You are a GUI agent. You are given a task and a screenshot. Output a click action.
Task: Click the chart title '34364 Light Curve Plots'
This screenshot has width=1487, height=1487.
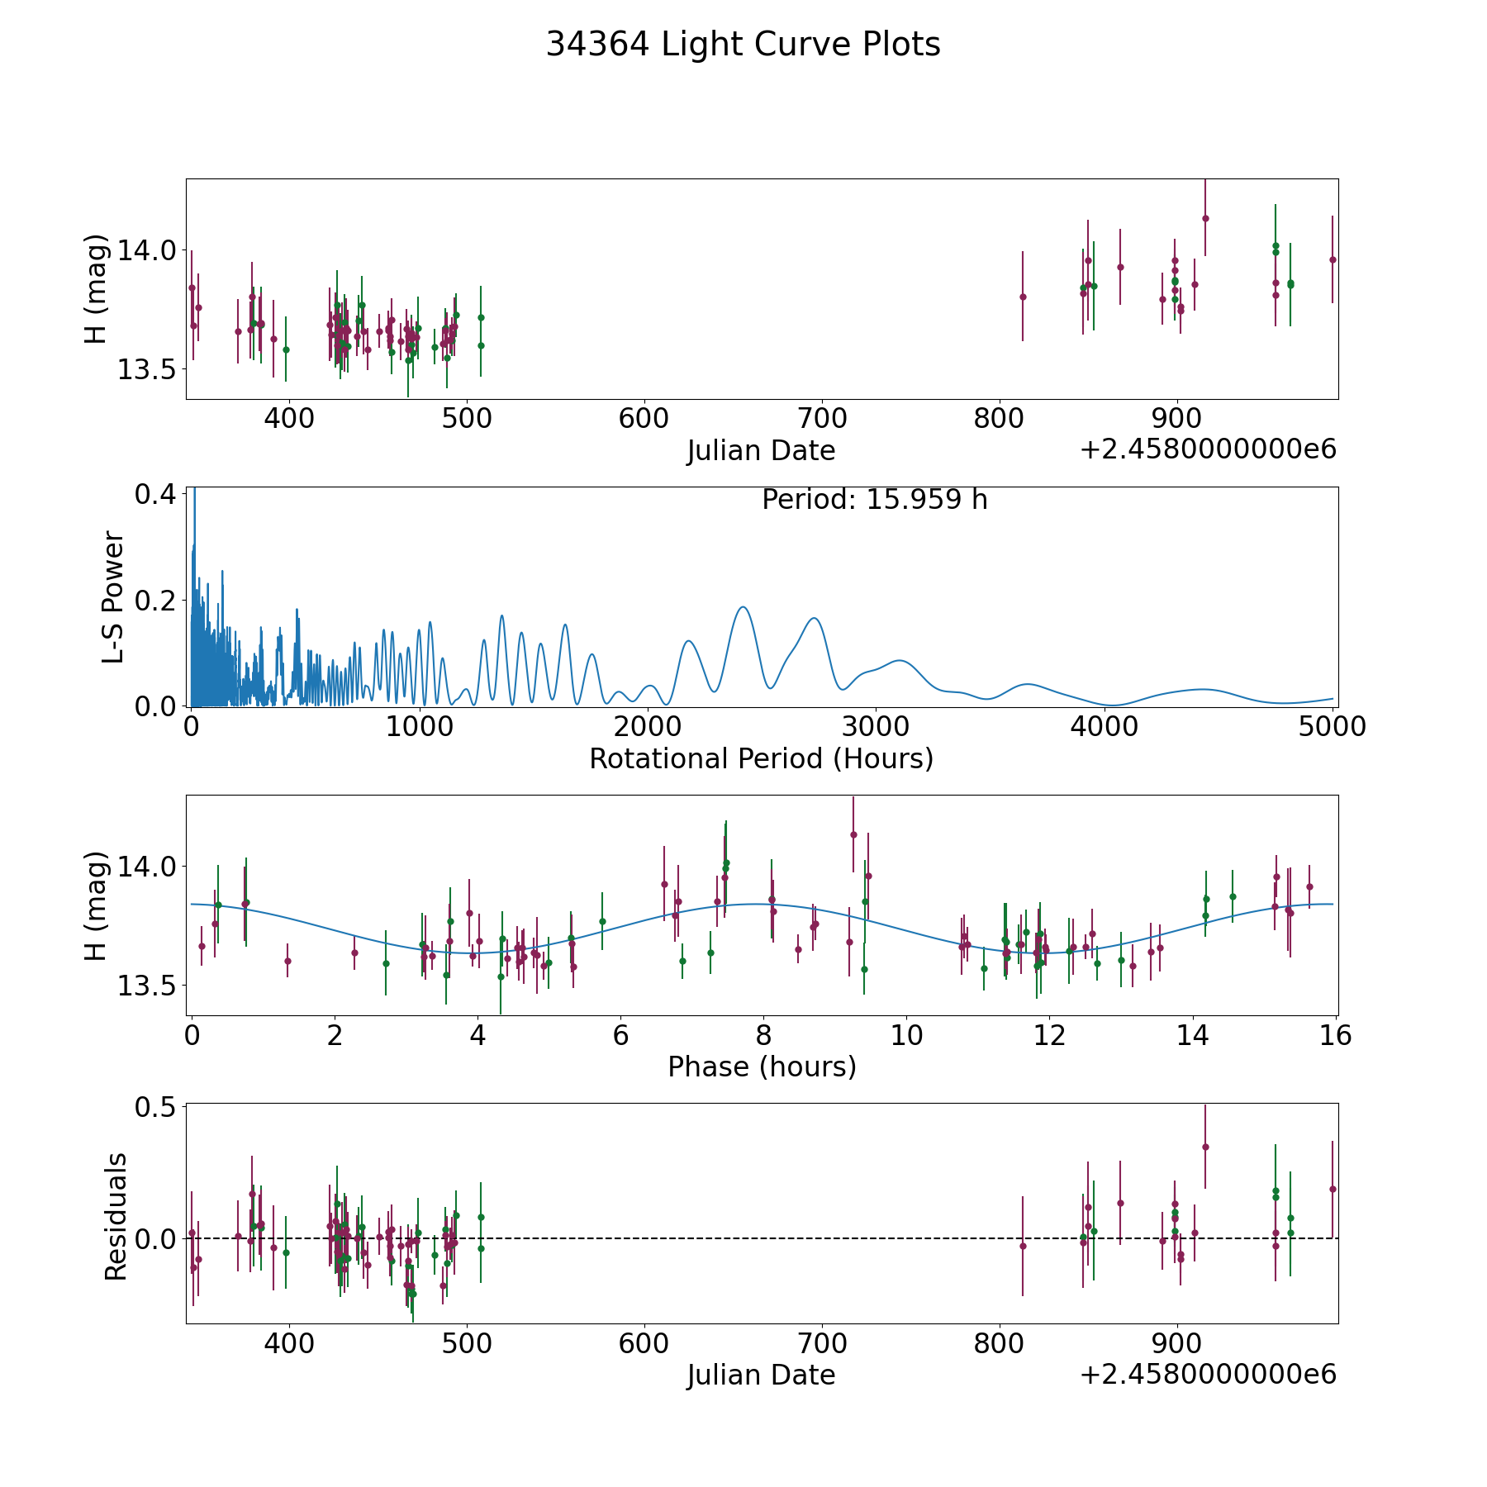tap(743, 45)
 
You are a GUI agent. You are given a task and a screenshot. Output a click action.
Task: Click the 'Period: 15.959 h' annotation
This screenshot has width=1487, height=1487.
tap(874, 500)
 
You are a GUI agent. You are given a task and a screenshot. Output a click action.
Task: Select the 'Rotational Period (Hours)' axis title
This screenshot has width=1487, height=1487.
tap(761, 758)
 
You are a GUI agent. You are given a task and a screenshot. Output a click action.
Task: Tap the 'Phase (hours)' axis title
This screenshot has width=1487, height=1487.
tap(762, 1067)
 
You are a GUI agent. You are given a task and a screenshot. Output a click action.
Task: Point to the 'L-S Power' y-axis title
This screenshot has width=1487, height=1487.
tap(113, 596)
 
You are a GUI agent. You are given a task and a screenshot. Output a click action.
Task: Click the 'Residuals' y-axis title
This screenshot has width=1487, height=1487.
tap(116, 1216)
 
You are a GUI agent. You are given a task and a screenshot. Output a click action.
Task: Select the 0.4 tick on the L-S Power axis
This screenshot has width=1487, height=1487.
tap(155, 494)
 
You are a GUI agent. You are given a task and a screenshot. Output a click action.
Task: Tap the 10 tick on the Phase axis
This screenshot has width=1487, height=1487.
tap(907, 1035)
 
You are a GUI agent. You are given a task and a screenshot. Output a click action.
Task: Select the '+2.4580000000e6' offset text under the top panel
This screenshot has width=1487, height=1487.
tap(1208, 449)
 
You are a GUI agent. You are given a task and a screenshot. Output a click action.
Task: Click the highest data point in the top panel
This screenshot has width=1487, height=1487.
tap(1205, 218)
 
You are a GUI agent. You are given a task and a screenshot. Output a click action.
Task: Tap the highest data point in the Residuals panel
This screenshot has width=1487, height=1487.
tap(1205, 1147)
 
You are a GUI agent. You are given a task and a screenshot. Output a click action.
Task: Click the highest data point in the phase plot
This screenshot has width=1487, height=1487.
tap(853, 834)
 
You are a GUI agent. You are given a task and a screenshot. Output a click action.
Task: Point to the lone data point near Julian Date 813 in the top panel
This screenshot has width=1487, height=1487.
tap(1023, 297)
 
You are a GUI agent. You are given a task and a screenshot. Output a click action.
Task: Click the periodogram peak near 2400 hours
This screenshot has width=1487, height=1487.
tap(743, 607)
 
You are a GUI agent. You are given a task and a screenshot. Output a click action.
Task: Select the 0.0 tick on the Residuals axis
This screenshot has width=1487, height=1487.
tap(155, 1238)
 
